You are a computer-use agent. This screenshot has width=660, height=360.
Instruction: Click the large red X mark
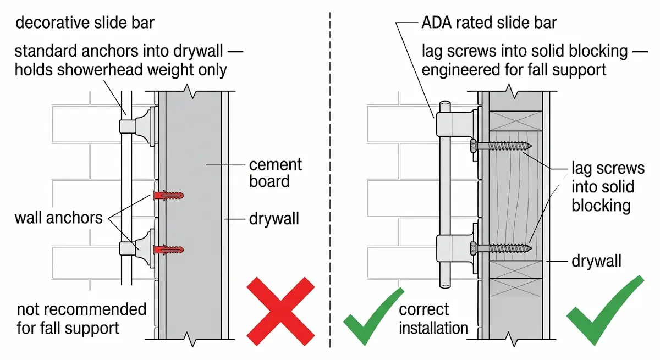click(280, 311)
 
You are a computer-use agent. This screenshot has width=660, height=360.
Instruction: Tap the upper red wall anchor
click(167, 195)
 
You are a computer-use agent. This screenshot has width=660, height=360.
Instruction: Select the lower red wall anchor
click(167, 250)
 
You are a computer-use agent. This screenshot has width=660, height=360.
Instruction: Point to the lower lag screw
click(501, 248)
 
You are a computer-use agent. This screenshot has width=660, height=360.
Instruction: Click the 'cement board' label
click(276, 173)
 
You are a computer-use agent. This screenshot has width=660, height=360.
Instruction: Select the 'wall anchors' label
click(58, 218)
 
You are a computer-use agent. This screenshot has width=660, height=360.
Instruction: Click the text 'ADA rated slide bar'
click(489, 23)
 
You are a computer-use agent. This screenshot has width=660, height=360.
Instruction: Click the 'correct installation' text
click(433, 319)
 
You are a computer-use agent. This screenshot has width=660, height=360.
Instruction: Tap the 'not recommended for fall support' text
click(81, 319)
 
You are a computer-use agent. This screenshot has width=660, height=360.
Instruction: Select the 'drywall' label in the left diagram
click(274, 219)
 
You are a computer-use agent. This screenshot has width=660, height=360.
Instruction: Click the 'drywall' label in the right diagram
click(597, 261)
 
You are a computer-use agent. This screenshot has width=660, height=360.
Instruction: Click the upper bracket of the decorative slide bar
click(137, 126)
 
